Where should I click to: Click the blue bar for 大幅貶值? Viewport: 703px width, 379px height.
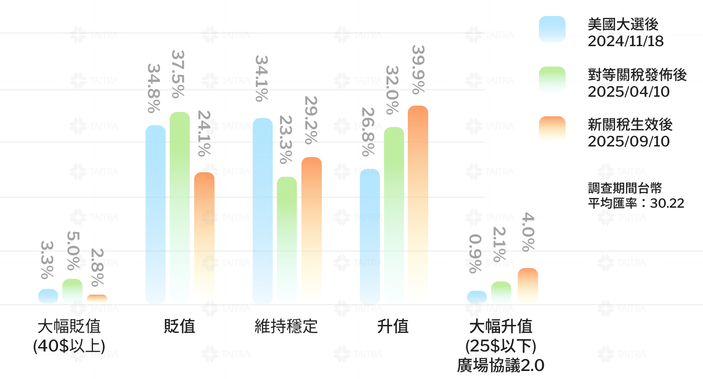48,296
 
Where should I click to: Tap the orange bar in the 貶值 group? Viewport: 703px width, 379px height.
204,238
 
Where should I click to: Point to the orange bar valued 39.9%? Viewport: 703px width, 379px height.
418,205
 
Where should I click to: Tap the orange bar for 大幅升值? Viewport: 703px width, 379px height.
527,286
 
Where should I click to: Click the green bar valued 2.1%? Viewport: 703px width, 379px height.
501,293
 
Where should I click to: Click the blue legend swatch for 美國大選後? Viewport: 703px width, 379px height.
552,29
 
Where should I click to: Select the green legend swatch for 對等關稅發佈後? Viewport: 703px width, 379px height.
552,80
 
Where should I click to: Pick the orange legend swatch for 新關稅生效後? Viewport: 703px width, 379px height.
552,130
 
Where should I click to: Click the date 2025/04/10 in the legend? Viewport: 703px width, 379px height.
629,92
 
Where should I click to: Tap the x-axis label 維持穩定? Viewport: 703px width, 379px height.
286,327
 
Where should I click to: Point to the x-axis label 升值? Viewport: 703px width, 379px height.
393,327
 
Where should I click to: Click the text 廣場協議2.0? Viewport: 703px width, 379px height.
500,366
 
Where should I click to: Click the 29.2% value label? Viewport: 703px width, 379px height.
311,120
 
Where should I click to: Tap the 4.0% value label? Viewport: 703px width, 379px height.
527,231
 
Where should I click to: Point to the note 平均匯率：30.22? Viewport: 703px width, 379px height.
636,203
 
